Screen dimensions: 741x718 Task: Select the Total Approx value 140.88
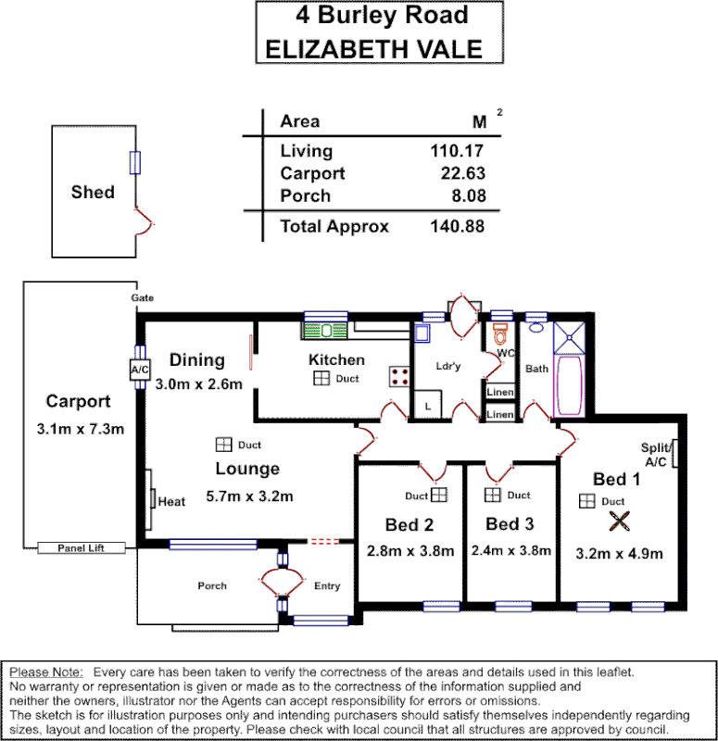click(x=458, y=226)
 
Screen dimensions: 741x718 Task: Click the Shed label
click(x=93, y=193)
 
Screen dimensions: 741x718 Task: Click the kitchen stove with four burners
click(x=400, y=375)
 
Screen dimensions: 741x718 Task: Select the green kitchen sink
click(x=325, y=329)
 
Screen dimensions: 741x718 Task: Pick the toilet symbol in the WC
click(x=501, y=334)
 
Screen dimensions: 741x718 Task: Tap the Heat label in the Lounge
click(x=171, y=502)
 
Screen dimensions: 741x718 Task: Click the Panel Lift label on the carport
click(x=81, y=548)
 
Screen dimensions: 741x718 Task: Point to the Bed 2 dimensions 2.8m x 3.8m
click(x=410, y=550)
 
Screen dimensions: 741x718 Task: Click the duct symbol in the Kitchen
click(x=321, y=379)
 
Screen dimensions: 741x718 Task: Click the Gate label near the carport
click(x=142, y=298)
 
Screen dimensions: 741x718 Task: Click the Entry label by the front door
click(x=327, y=585)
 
